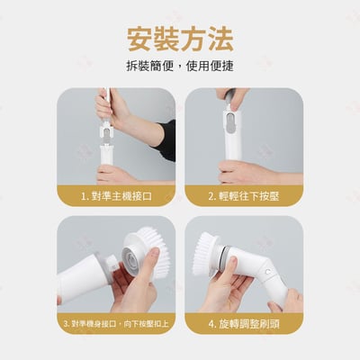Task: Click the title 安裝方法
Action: pos(180,37)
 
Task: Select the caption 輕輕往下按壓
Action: pos(247,195)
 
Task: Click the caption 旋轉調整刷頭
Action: pos(247,321)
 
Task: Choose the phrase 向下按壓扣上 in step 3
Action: pos(143,321)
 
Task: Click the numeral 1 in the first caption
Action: pos(84,195)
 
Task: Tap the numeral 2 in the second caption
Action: pos(211,195)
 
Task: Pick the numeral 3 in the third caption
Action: pos(67,321)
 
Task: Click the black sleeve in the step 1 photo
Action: pos(166,139)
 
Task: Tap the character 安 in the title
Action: pos(140,37)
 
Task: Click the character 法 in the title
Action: pos(220,37)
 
